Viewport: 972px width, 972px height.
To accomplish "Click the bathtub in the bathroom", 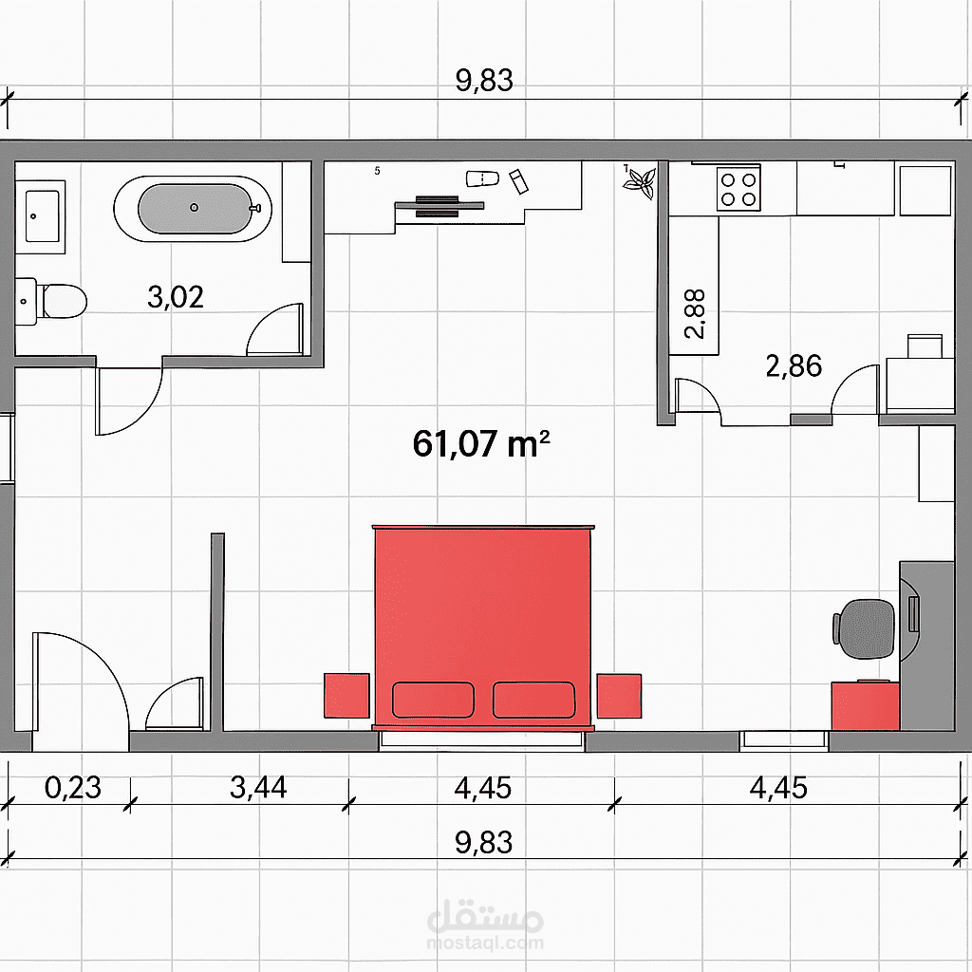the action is click(x=192, y=209).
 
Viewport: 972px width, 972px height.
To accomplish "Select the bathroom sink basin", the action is click(x=42, y=215).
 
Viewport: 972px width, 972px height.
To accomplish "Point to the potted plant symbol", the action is click(x=639, y=181).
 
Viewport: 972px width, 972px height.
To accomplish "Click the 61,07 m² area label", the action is click(x=481, y=444).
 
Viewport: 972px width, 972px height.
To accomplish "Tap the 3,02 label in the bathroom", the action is click(x=176, y=297).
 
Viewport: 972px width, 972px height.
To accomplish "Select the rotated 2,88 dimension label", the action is click(x=695, y=313).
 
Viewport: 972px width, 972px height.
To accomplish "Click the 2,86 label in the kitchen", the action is click(x=794, y=365).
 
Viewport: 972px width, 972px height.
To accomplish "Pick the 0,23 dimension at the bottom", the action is click(x=72, y=787).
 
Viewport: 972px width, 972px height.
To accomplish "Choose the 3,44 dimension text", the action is click(x=258, y=787).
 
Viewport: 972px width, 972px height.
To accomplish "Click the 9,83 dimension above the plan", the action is click(x=484, y=81).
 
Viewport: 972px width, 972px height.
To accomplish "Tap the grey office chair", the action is click(x=864, y=628).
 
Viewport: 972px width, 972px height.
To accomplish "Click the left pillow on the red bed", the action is click(x=433, y=700).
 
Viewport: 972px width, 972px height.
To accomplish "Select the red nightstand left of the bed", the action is click(x=346, y=696).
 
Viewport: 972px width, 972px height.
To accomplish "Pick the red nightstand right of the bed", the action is click(x=619, y=696).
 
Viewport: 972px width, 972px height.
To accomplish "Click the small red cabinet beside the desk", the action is click(x=866, y=705).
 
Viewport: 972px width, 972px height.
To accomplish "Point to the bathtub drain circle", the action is click(x=194, y=208).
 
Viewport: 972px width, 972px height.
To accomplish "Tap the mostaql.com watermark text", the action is click(x=485, y=944).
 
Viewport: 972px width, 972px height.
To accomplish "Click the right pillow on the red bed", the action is click(x=533, y=700).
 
